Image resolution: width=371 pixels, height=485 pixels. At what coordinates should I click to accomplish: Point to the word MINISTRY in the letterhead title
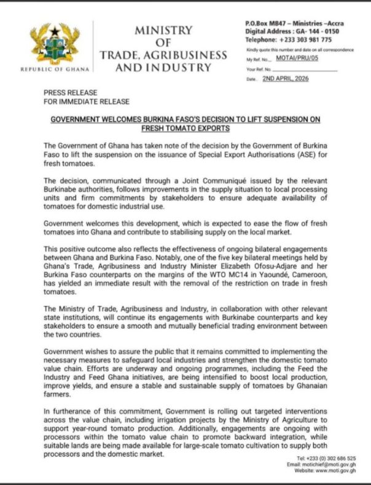163,30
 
